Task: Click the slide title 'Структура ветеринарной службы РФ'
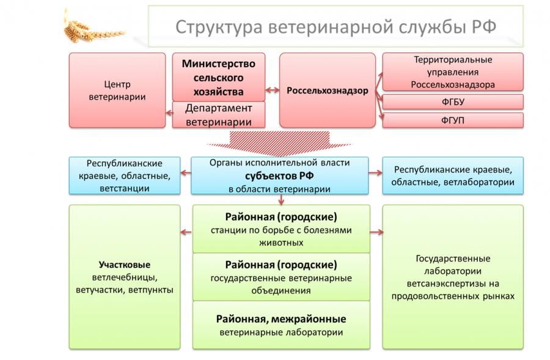pos(335,27)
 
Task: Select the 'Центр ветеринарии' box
pos(117,90)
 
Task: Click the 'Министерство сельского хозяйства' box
pos(219,76)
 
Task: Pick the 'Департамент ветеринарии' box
pos(219,114)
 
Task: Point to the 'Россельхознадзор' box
pos(328,90)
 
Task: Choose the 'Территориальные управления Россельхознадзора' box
pos(453,72)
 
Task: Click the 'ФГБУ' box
pos(453,101)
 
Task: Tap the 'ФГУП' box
pos(453,120)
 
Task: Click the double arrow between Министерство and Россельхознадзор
pos(273,91)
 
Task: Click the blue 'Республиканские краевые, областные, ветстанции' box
pos(124,175)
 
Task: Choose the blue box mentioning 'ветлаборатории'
pos(453,175)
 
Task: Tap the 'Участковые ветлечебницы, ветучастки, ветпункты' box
pos(124,276)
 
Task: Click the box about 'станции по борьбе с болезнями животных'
pos(281,229)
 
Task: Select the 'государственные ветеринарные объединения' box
pos(281,277)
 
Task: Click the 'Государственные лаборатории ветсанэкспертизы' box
pos(453,276)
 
